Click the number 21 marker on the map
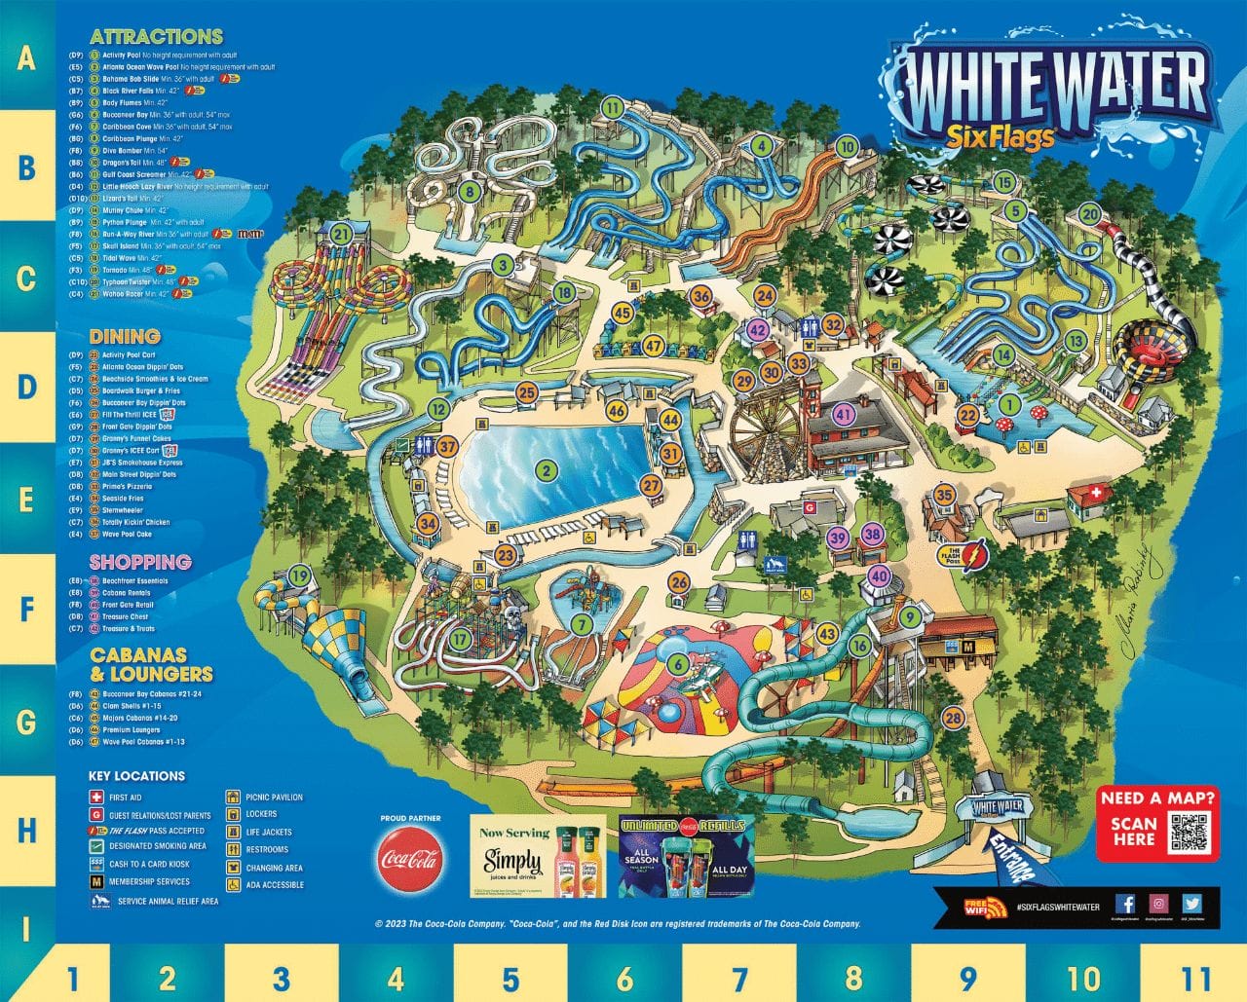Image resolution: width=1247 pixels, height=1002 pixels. point(340,234)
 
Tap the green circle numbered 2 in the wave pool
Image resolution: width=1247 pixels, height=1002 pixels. point(547,471)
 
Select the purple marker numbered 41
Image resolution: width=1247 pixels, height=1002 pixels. point(844,414)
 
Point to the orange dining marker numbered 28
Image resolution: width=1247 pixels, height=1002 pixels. point(953,719)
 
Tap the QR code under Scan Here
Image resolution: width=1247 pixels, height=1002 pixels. point(1188,831)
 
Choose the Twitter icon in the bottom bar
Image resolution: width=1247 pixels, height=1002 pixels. point(1192,904)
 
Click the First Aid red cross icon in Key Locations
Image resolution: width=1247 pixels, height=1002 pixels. point(96,798)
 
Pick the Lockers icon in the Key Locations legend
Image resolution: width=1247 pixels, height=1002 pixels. point(234,815)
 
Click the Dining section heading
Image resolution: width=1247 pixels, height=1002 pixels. point(125,336)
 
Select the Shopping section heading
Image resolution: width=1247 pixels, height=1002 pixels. point(140,562)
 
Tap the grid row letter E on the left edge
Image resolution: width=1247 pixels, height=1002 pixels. point(26,500)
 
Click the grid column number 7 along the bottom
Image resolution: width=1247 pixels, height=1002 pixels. point(738,977)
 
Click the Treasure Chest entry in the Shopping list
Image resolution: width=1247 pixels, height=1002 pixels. point(125,616)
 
